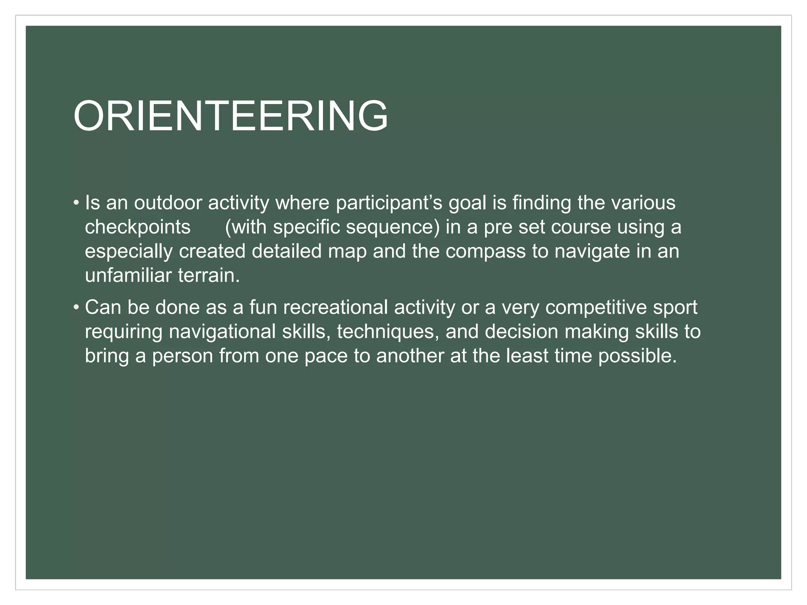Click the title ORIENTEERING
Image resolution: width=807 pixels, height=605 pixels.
pos(231,116)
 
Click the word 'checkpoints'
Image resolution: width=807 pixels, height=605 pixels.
pos(138,228)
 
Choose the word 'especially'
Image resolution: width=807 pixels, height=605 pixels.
pos(128,252)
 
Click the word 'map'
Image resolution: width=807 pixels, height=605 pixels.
pos(347,252)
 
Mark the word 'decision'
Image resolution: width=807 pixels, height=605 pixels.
pos(521,332)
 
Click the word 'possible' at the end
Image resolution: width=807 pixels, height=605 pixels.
pos(637,356)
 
